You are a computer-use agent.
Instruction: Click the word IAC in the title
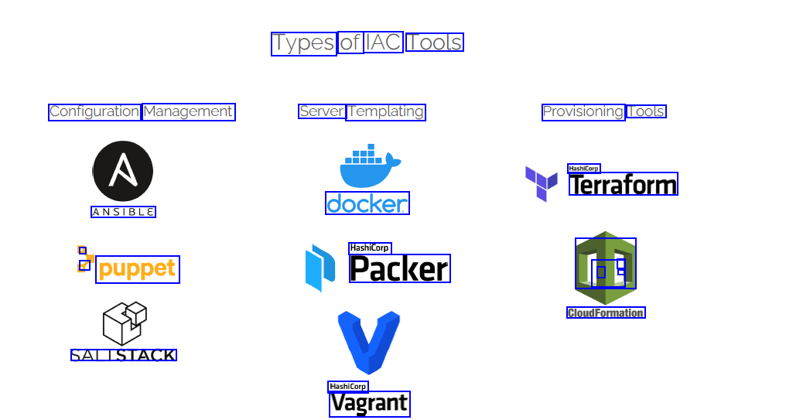[384, 42]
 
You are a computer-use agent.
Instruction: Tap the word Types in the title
[303, 43]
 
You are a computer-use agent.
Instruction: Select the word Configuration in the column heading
[94, 111]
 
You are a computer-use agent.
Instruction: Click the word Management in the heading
[188, 111]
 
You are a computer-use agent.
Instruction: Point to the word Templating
[386, 111]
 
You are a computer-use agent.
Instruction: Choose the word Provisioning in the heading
[583, 111]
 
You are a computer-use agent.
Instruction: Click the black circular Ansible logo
[123, 172]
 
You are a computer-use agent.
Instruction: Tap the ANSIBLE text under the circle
[123, 212]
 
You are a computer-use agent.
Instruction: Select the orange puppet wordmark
[138, 269]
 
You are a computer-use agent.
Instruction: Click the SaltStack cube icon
[124, 323]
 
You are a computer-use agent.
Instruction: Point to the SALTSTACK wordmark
[124, 355]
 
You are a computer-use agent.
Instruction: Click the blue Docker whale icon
[370, 166]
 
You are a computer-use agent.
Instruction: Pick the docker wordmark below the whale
[367, 203]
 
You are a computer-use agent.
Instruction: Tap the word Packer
[399, 268]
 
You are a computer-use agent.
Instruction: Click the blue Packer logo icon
[320, 268]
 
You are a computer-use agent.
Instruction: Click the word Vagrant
[369, 404]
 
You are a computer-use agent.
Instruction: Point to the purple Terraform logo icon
[541, 183]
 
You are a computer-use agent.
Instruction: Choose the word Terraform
[623, 184]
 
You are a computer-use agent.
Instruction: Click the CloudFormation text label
[606, 312]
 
